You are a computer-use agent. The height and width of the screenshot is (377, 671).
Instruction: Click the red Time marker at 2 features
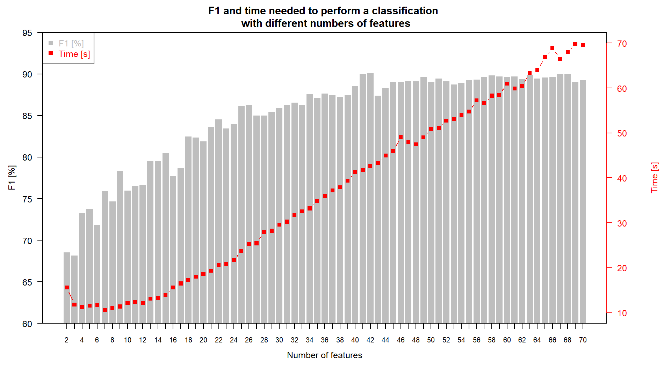pos(67,288)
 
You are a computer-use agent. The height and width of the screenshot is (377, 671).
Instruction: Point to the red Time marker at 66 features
pos(553,48)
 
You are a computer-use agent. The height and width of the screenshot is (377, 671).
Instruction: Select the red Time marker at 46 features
pos(401,137)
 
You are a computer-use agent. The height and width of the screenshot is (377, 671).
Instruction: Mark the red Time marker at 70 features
pos(583,45)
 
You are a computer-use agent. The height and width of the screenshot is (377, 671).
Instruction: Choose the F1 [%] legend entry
pos(71,43)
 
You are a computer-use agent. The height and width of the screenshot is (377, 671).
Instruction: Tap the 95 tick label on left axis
pos(27,33)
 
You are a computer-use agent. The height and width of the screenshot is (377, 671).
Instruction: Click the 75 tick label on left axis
pos(27,199)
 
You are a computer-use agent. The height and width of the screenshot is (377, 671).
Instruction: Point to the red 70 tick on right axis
pos(622,44)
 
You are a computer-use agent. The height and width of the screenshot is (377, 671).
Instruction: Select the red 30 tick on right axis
pos(622,223)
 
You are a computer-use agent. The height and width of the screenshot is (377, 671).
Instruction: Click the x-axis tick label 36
pos(325,340)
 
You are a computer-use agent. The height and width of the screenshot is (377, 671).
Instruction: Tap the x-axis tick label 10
pos(128,340)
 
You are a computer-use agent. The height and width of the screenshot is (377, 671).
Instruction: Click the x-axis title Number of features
pos(324,355)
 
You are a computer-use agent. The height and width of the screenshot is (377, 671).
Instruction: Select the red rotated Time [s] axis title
pos(655,177)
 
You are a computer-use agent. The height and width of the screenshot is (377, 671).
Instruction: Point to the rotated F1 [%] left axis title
pos(12,177)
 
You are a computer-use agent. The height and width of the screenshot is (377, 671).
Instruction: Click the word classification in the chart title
pos(405,11)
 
